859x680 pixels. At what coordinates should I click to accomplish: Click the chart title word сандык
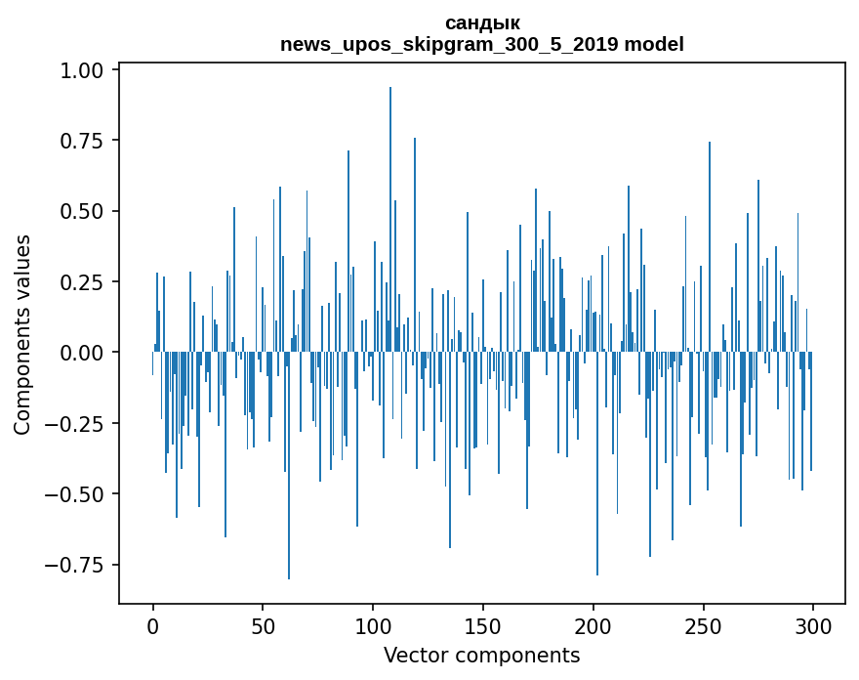click(482, 22)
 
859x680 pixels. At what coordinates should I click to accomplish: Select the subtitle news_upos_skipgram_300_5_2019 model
click(482, 44)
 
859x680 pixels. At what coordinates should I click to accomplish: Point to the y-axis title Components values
click(22, 334)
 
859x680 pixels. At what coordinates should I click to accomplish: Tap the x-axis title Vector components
click(482, 655)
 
